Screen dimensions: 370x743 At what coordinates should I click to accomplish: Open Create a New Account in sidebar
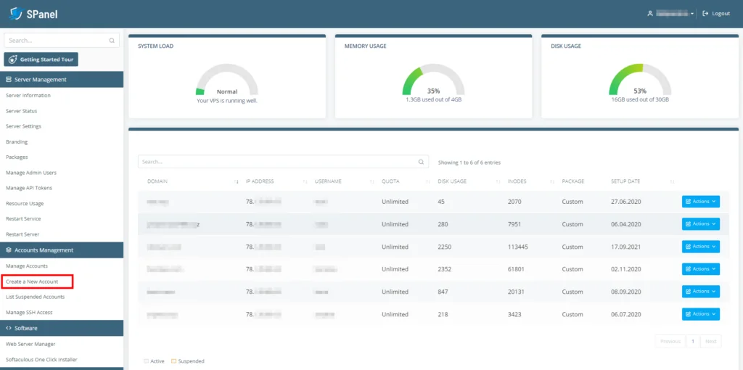pos(32,281)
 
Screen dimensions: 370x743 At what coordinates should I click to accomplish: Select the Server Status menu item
pos(21,111)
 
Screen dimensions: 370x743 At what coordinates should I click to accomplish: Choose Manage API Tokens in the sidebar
pos(29,188)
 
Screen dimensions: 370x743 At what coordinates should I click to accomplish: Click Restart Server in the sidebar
pos(22,234)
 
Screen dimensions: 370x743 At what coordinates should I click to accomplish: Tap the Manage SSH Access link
pos(29,313)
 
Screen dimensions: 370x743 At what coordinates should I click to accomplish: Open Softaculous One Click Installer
pos(41,359)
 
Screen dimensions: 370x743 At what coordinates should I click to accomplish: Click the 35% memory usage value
pos(433,91)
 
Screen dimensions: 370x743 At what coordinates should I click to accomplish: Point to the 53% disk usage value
pos(639,91)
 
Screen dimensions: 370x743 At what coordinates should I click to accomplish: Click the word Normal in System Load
pos(227,92)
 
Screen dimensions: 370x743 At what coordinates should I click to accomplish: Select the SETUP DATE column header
pos(626,181)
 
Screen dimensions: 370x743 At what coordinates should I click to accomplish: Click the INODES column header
pos(517,181)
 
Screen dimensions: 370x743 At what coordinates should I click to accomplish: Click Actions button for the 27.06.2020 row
pos(700,202)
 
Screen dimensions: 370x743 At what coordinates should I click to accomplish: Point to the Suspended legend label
pos(191,361)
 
